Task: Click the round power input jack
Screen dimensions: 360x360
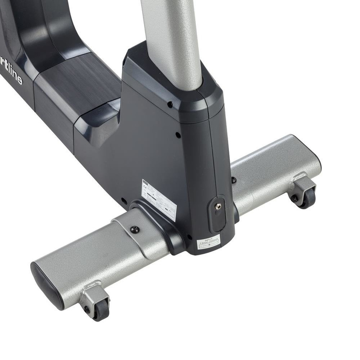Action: (218, 207)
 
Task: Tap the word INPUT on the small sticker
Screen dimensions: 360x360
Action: (208, 238)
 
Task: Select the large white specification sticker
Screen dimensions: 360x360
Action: (158, 199)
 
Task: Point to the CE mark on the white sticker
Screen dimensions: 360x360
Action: (146, 188)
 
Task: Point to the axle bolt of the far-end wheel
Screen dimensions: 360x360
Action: (295, 196)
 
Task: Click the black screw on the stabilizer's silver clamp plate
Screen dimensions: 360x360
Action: (135, 230)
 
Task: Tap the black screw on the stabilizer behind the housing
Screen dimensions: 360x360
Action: (234, 180)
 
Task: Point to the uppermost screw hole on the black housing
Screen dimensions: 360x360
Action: (170, 104)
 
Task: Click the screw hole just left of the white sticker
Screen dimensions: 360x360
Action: (124, 201)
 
